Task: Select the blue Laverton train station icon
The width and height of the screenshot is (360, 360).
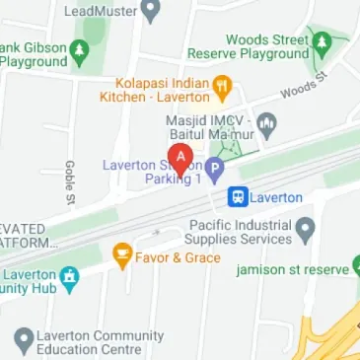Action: click(x=238, y=197)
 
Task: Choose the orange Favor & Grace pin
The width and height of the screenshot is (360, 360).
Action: click(x=122, y=256)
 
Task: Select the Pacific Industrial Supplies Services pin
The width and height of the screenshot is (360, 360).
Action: click(x=306, y=232)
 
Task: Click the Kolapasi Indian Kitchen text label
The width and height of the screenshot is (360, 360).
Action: click(x=163, y=90)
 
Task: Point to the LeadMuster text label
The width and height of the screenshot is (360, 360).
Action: click(x=101, y=12)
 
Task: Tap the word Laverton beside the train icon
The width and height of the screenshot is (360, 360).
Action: click(x=276, y=197)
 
